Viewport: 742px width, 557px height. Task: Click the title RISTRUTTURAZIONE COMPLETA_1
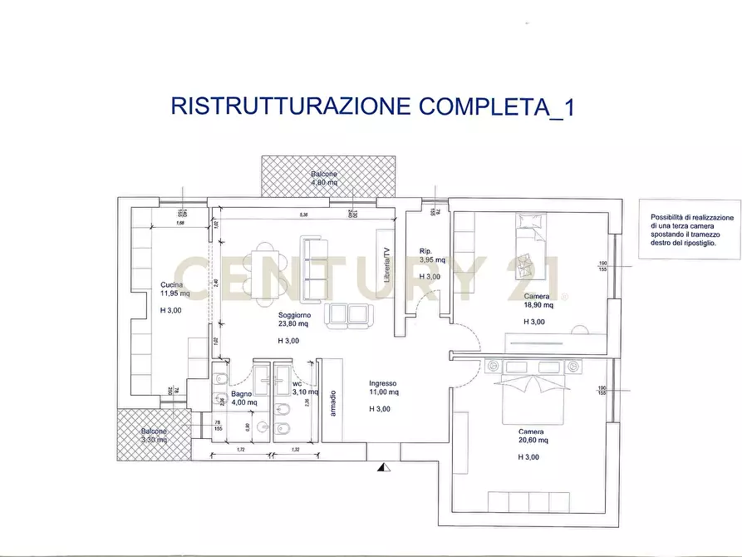(x=371, y=107)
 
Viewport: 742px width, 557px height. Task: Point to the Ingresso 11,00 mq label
(x=384, y=387)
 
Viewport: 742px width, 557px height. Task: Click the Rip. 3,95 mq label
(x=432, y=255)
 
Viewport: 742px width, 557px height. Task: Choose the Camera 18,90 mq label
(x=538, y=301)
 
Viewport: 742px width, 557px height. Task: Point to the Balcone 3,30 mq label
(x=155, y=435)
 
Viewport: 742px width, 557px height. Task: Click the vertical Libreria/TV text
(x=386, y=265)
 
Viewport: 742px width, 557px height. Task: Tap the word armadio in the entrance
(x=332, y=404)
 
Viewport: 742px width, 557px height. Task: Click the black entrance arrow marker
(x=382, y=468)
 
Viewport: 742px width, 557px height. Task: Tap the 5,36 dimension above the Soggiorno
(x=304, y=215)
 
